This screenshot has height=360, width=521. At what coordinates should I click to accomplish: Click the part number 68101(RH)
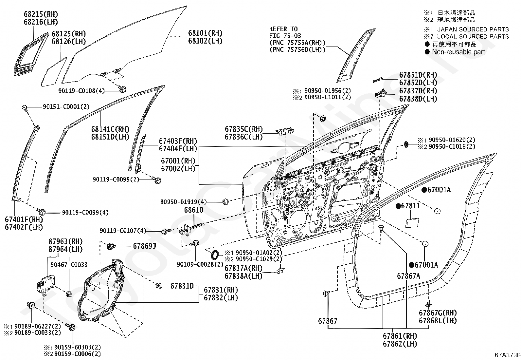[x=205, y=33]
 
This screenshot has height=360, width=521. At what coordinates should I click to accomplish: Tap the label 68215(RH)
[x=41, y=14]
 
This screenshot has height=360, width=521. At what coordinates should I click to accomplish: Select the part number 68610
[x=194, y=210]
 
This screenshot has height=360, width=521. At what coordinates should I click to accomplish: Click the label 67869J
[x=144, y=246]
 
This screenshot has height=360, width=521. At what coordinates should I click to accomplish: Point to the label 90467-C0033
[x=69, y=265]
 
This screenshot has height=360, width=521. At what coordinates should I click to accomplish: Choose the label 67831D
[x=182, y=286]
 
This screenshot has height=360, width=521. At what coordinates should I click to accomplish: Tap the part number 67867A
[x=408, y=276]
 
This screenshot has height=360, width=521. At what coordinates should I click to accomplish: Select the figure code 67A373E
[x=508, y=355]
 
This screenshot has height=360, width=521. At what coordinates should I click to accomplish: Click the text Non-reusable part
[x=458, y=52]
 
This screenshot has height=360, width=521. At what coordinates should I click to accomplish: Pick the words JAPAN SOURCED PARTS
[x=473, y=29]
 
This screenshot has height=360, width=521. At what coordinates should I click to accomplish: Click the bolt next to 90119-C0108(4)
[x=122, y=89]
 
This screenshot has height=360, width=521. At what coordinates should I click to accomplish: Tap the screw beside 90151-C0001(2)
[x=25, y=107]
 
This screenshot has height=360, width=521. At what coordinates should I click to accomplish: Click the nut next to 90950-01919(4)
[x=225, y=201]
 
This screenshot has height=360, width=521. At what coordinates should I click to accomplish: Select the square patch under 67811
[x=412, y=223]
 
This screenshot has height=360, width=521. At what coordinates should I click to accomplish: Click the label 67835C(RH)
[x=244, y=129]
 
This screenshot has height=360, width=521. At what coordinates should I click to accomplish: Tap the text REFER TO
[x=283, y=29]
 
